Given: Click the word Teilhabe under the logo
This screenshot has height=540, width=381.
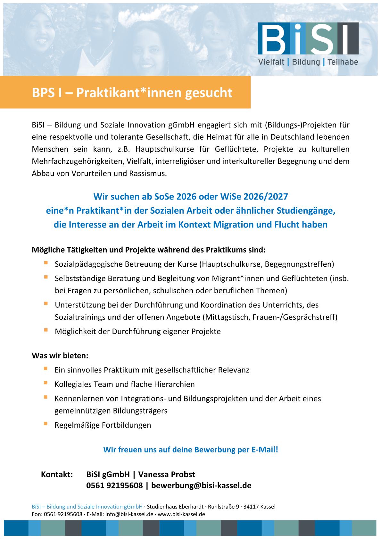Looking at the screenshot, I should [x=343, y=62].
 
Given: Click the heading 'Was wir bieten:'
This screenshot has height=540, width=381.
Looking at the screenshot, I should [x=60, y=356].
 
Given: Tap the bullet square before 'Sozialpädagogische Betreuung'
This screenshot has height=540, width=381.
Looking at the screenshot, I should [x=46, y=263].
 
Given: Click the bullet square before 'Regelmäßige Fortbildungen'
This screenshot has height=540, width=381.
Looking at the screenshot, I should [x=46, y=424].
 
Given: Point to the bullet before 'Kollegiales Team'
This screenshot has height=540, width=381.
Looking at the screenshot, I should [x=46, y=383].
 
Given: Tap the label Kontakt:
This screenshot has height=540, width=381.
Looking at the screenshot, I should [x=57, y=474].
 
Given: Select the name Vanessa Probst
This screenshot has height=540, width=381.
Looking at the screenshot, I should [x=167, y=474].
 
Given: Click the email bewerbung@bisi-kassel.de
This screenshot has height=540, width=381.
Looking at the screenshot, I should [x=201, y=485].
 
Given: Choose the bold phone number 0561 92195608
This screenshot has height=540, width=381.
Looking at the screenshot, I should [x=114, y=485].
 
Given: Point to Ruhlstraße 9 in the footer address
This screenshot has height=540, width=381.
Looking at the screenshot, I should [x=223, y=507].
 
